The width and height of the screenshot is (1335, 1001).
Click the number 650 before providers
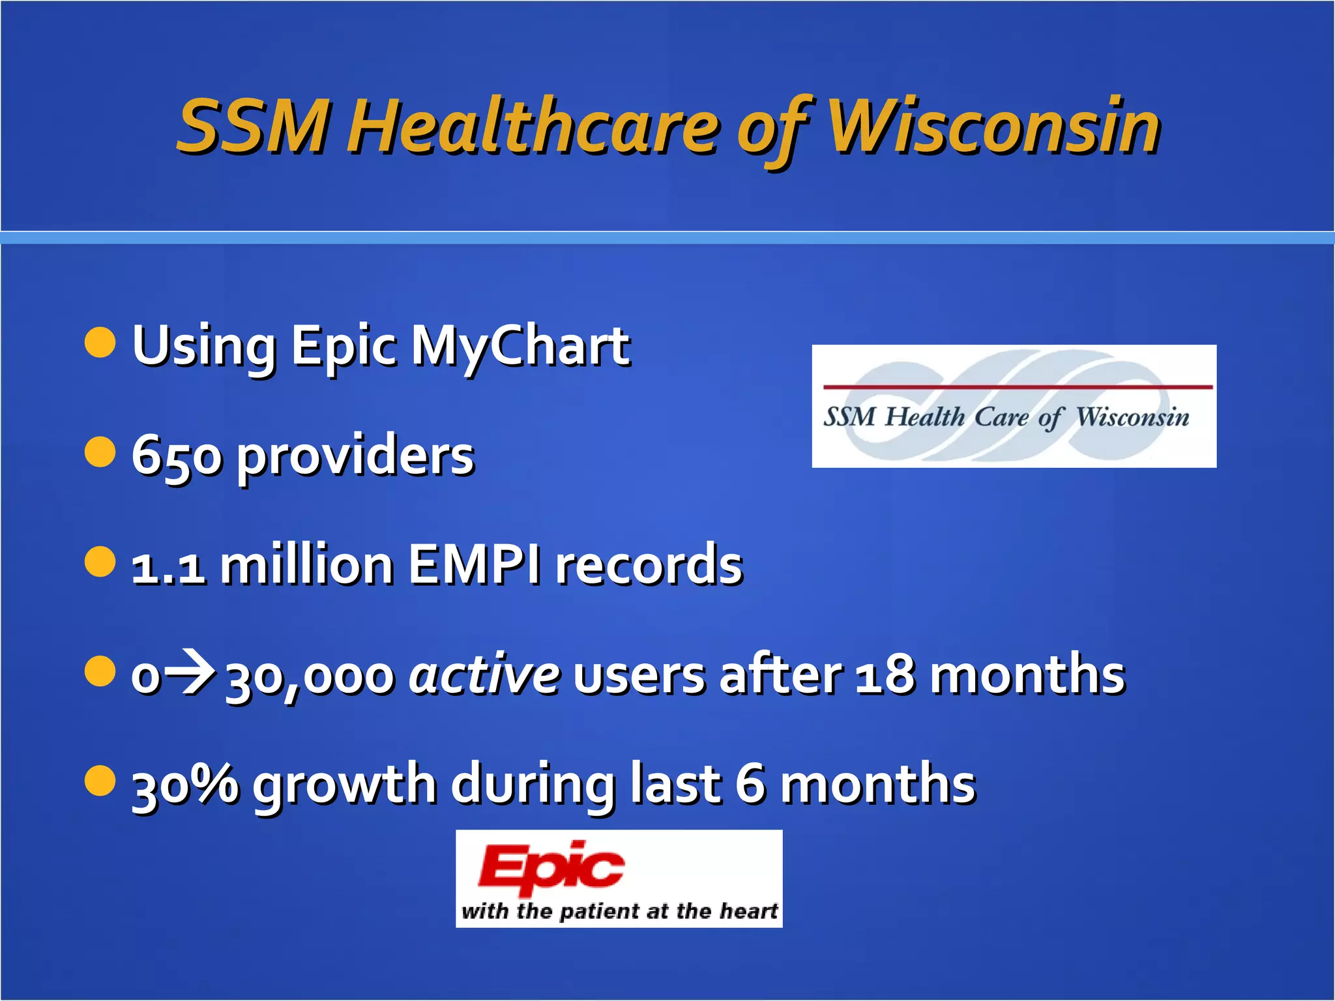177,456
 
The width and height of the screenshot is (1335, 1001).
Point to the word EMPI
475,565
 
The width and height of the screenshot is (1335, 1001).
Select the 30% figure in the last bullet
185,784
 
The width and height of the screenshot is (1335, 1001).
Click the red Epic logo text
551,869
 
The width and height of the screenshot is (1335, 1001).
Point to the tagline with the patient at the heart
619,910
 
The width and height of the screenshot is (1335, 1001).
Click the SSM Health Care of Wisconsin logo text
1006,417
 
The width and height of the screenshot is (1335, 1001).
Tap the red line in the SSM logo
1017,387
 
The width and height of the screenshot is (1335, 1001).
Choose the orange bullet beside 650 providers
100,452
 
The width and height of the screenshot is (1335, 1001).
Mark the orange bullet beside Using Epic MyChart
100,343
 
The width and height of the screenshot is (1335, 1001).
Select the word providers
355,457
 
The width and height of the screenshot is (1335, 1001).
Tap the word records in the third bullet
649,565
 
